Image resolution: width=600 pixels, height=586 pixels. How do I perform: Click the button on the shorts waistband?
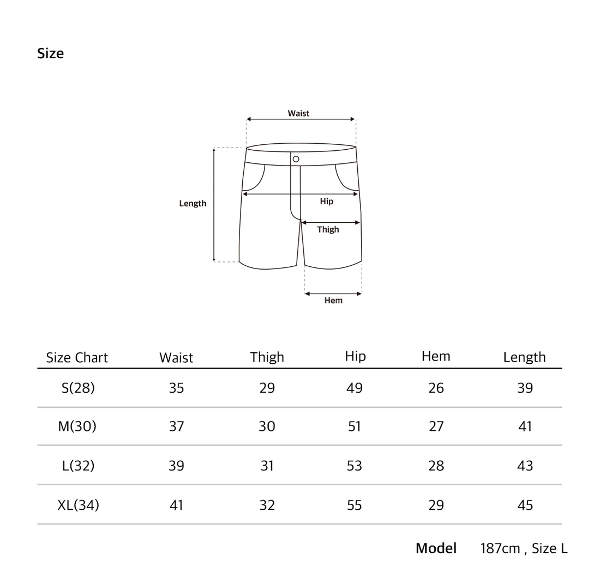(296, 159)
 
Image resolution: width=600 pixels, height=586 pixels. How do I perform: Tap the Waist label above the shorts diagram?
(298, 113)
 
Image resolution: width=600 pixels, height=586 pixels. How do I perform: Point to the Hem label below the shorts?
(333, 300)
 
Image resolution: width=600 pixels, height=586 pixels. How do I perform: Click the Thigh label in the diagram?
(328, 229)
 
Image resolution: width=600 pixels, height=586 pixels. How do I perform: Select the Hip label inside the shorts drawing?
(326, 201)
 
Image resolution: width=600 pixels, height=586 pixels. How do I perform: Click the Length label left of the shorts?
(193, 203)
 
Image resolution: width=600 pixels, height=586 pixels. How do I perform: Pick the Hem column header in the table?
(436, 356)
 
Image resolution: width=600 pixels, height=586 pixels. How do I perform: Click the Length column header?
(524, 357)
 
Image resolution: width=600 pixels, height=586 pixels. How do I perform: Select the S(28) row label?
(78, 388)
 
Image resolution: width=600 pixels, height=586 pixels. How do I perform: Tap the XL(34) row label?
(78, 505)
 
